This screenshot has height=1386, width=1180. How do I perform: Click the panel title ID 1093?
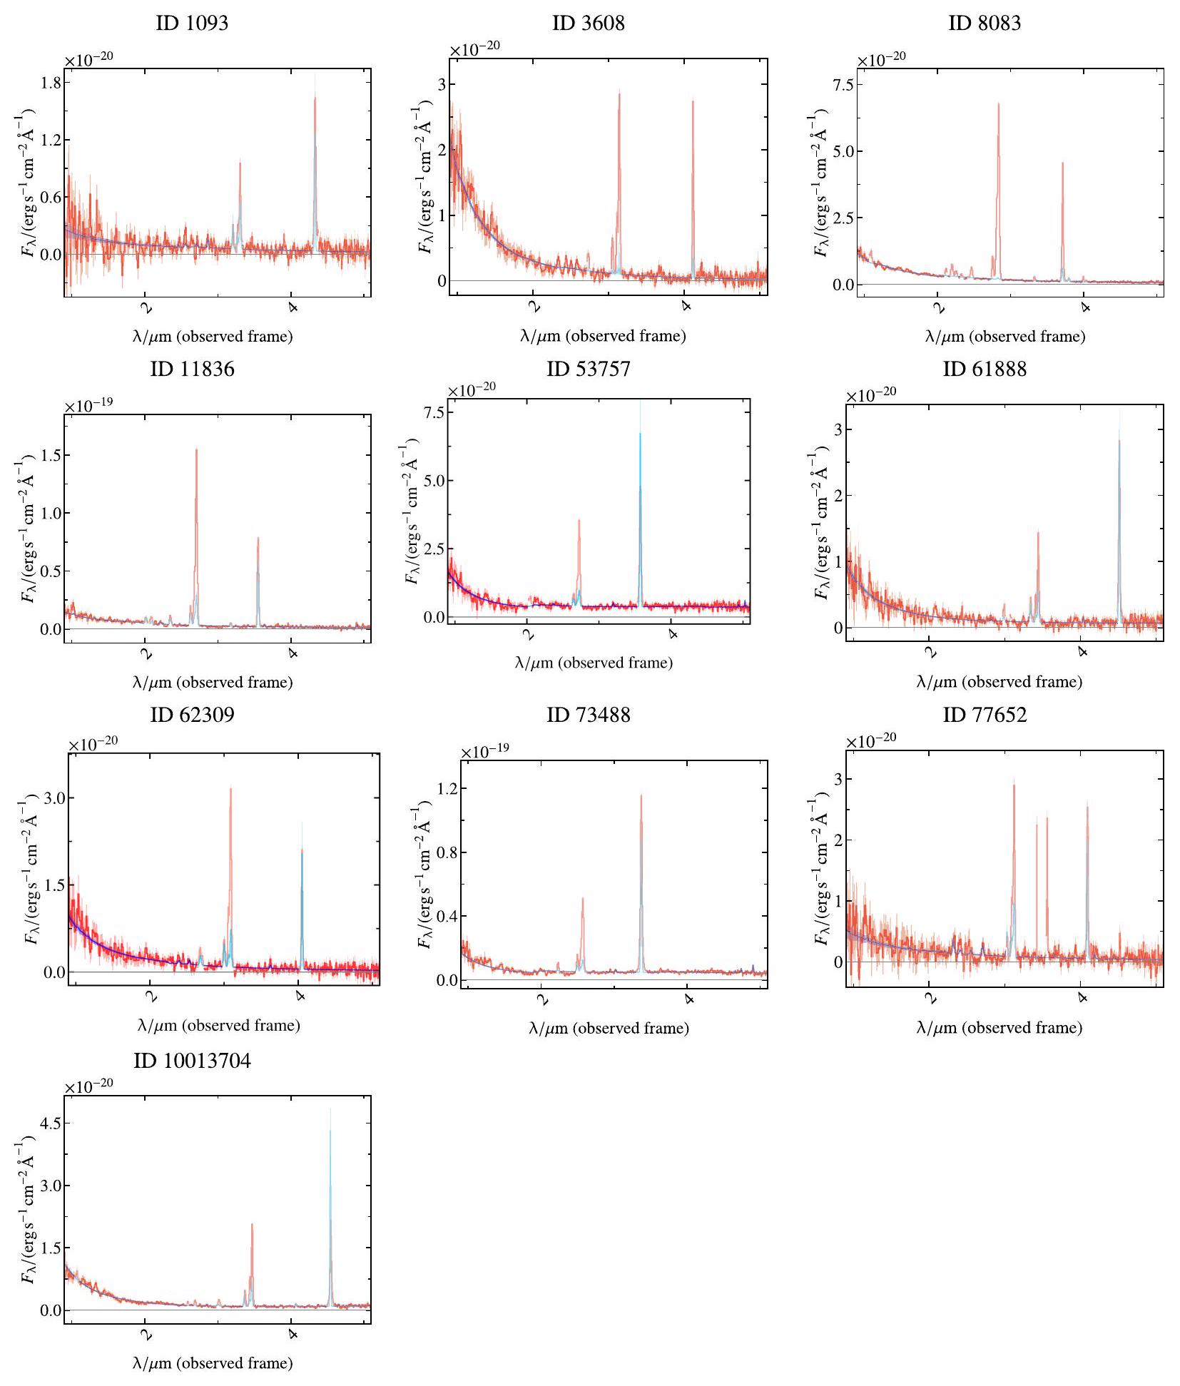[x=192, y=23]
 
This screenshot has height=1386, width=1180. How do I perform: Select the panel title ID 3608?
[x=588, y=23]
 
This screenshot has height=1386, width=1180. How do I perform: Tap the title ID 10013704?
[x=192, y=1061]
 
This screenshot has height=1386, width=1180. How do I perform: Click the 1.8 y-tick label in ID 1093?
[x=51, y=82]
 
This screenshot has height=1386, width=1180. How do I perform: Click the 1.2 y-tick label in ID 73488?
[x=447, y=788]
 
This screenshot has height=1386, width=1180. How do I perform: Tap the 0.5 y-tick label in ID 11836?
[x=51, y=571]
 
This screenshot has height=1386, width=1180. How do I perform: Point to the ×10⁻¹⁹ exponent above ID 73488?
[x=484, y=752]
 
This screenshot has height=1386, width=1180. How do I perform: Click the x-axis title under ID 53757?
[x=594, y=663]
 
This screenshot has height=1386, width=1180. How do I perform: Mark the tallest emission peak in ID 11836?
[x=196, y=449]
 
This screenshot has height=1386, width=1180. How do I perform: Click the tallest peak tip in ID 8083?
[x=998, y=104]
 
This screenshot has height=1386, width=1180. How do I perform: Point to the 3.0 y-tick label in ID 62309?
[x=54, y=798]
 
